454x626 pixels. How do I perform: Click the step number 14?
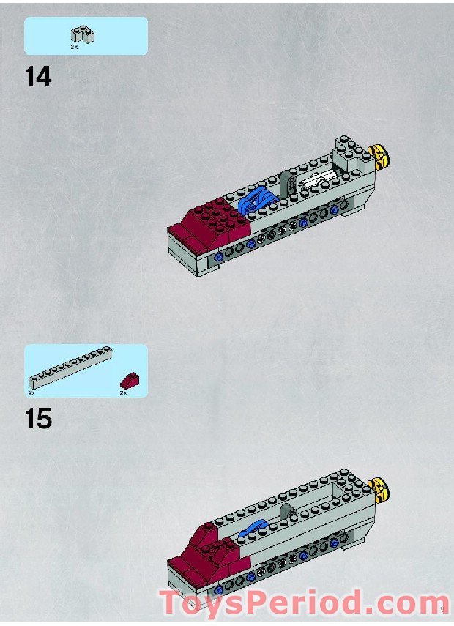pos(39,76)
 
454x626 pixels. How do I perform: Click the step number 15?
pos(39,419)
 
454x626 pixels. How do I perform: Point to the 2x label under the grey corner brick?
pos(74,47)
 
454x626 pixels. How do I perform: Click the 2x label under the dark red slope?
pos(123,393)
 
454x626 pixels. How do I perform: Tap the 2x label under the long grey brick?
pos(32,393)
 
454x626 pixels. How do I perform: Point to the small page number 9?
pos(444,607)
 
